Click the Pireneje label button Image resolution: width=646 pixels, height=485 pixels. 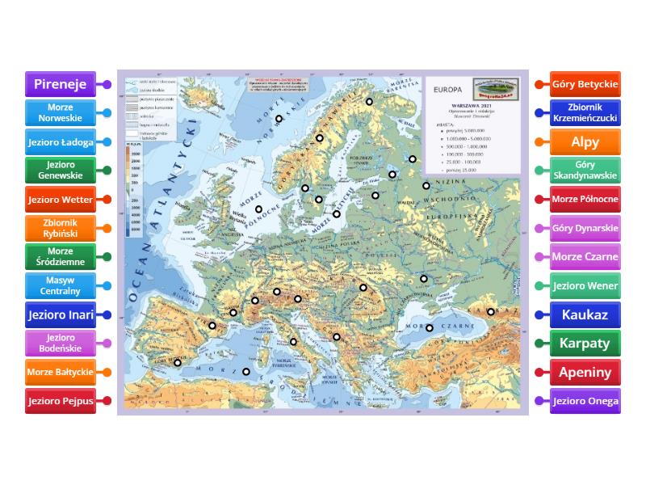61,84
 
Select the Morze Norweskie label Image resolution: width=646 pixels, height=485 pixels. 61,113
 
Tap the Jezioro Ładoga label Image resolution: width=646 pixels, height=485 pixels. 61,142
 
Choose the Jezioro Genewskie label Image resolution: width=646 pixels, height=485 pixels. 61,171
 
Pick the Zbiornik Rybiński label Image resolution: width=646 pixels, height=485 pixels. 61,229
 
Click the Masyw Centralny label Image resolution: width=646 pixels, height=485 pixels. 61,285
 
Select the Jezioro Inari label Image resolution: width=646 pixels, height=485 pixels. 61,314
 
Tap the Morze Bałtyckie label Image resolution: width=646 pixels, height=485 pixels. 61,372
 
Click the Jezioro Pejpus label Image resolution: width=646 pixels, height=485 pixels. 61,401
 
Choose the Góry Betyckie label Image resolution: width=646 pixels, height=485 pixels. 585,84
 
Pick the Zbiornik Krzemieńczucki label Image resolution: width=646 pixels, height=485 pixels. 585,113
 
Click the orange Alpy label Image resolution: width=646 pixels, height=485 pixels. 585,142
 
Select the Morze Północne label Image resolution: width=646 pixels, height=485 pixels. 585,199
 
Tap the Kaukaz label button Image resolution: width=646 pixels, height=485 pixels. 585,314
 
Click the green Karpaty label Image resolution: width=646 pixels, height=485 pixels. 585,344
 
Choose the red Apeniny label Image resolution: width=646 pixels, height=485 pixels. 585,372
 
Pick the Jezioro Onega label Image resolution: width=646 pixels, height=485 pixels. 585,401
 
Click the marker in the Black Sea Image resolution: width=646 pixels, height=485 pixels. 430,327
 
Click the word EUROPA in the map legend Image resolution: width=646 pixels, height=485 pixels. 449,89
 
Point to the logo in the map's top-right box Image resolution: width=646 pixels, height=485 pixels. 495,90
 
